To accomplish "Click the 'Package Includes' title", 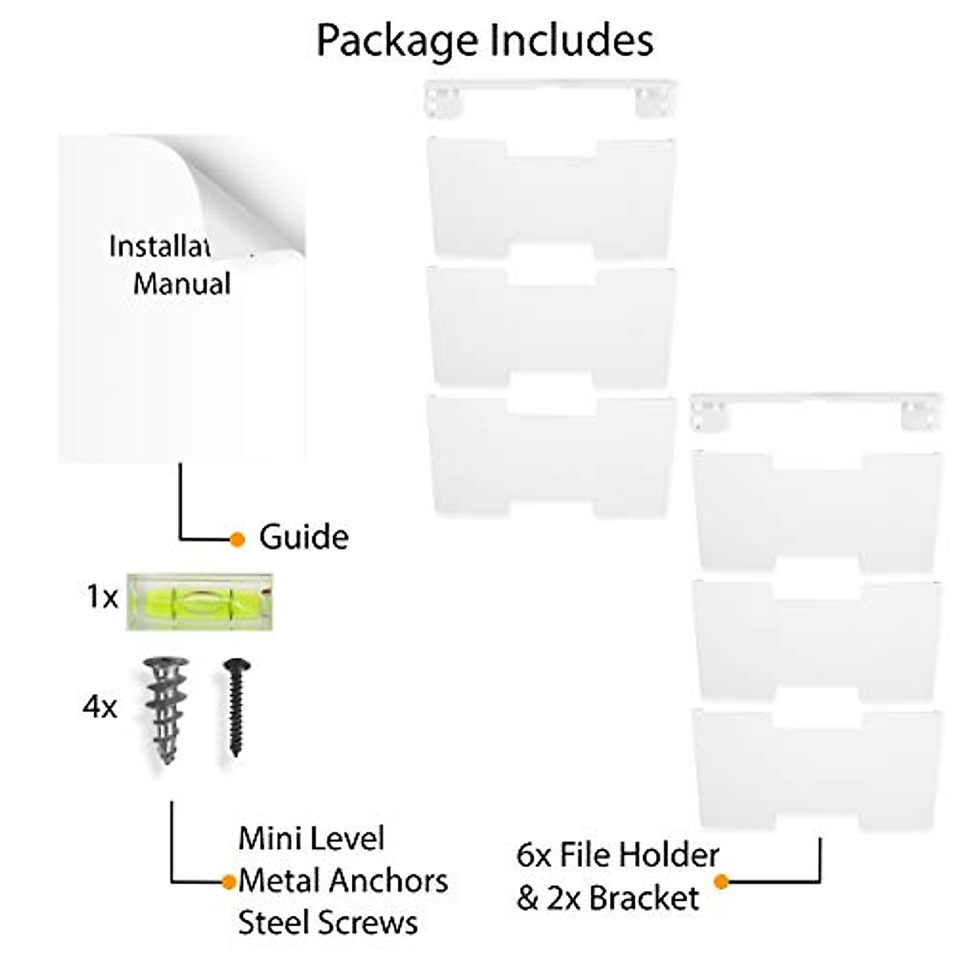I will point(484,40).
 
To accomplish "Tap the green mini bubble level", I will point(199,601).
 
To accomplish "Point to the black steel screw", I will point(236,706).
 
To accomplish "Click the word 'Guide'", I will point(304,538).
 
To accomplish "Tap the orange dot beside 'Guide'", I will point(237,539).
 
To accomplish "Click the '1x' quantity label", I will point(102,597).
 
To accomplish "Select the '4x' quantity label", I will point(100,707).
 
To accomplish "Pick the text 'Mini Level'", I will point(311,838).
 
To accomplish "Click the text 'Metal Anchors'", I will point(343,881).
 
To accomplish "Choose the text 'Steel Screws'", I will point(327,923).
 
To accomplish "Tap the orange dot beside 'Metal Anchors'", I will point(229,882).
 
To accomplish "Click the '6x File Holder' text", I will point(617,856).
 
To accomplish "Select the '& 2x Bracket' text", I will point(608,899).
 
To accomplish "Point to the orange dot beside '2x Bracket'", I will point(722,882).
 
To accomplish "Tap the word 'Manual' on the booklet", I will point(182,284).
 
